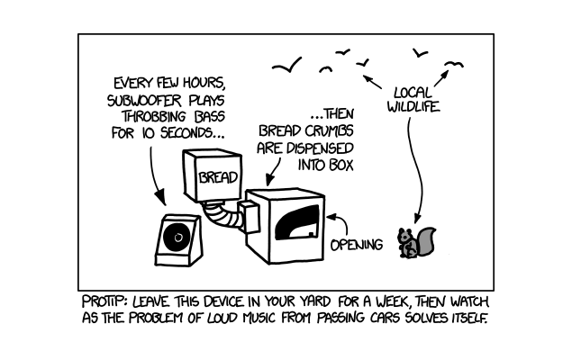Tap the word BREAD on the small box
pyautogui.click(x=218, y=177)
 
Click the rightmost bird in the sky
pyautogui.click(x=453, y=63)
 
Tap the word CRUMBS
pyautogui.click(x=326, y=131)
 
